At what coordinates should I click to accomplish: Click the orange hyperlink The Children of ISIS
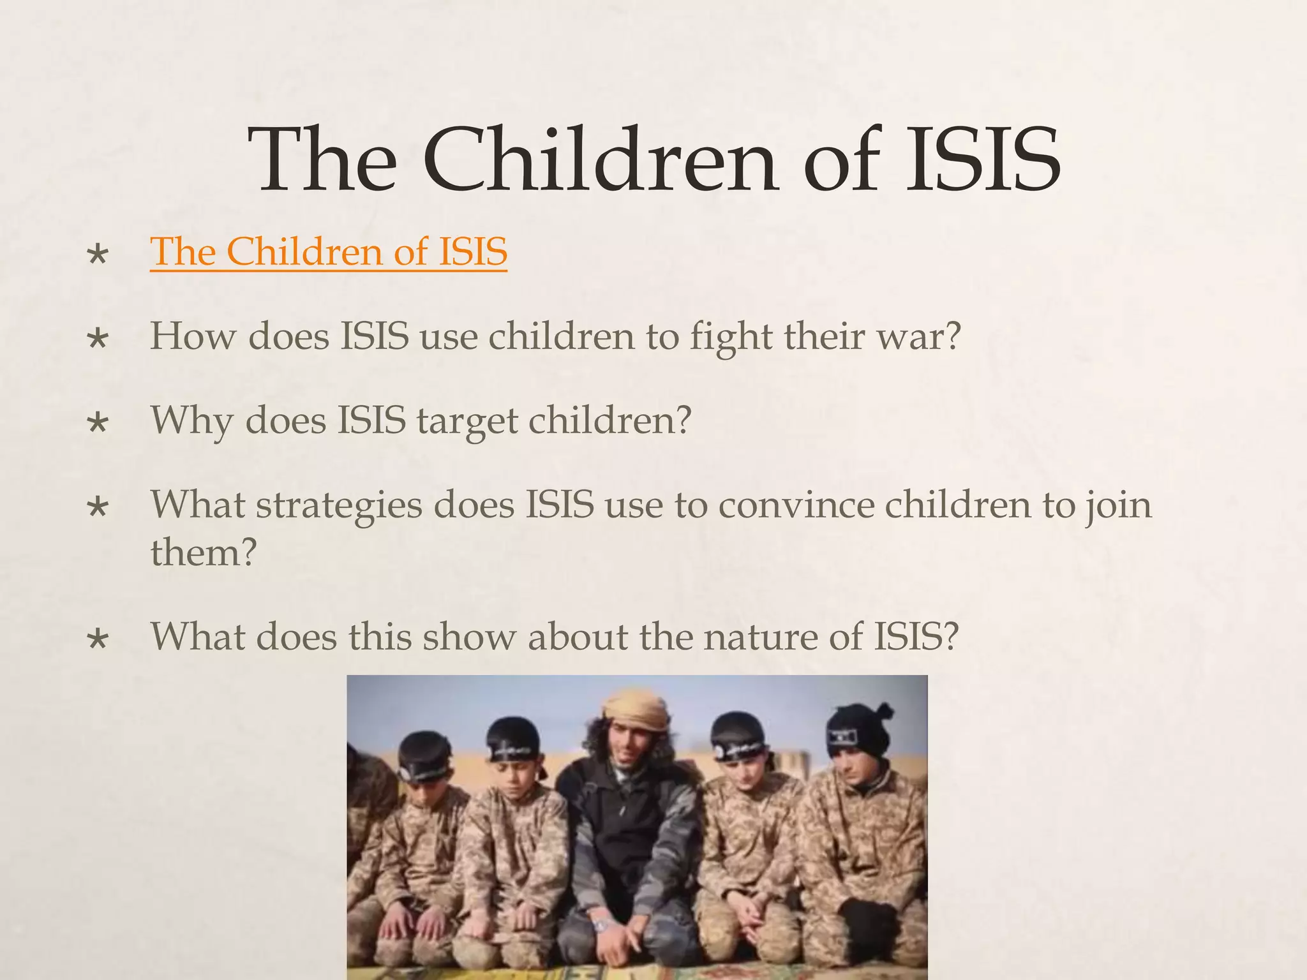[x=329, y=251]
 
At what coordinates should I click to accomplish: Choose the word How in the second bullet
[x=193, y=336]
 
